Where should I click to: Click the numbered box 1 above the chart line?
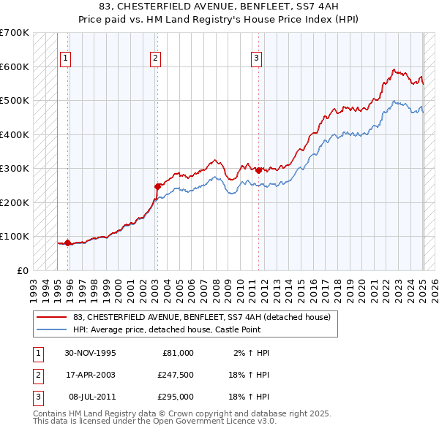(65, 59)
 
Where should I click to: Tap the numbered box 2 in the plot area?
(156, 59)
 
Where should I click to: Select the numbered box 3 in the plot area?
(257, 59)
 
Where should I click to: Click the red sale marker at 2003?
(157, 186)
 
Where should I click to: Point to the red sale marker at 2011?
(259, 170)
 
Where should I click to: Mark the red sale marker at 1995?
(68, 243)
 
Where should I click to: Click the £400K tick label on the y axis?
(15, 134)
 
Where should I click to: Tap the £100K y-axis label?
(15, 236)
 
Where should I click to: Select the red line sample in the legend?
(52, 317)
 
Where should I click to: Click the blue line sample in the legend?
(52, 329)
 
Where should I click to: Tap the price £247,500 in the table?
(175, 375)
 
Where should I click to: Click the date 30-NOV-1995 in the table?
(90, 353)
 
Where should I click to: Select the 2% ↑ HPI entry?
(252, 353)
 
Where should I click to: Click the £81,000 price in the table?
(178, 353)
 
